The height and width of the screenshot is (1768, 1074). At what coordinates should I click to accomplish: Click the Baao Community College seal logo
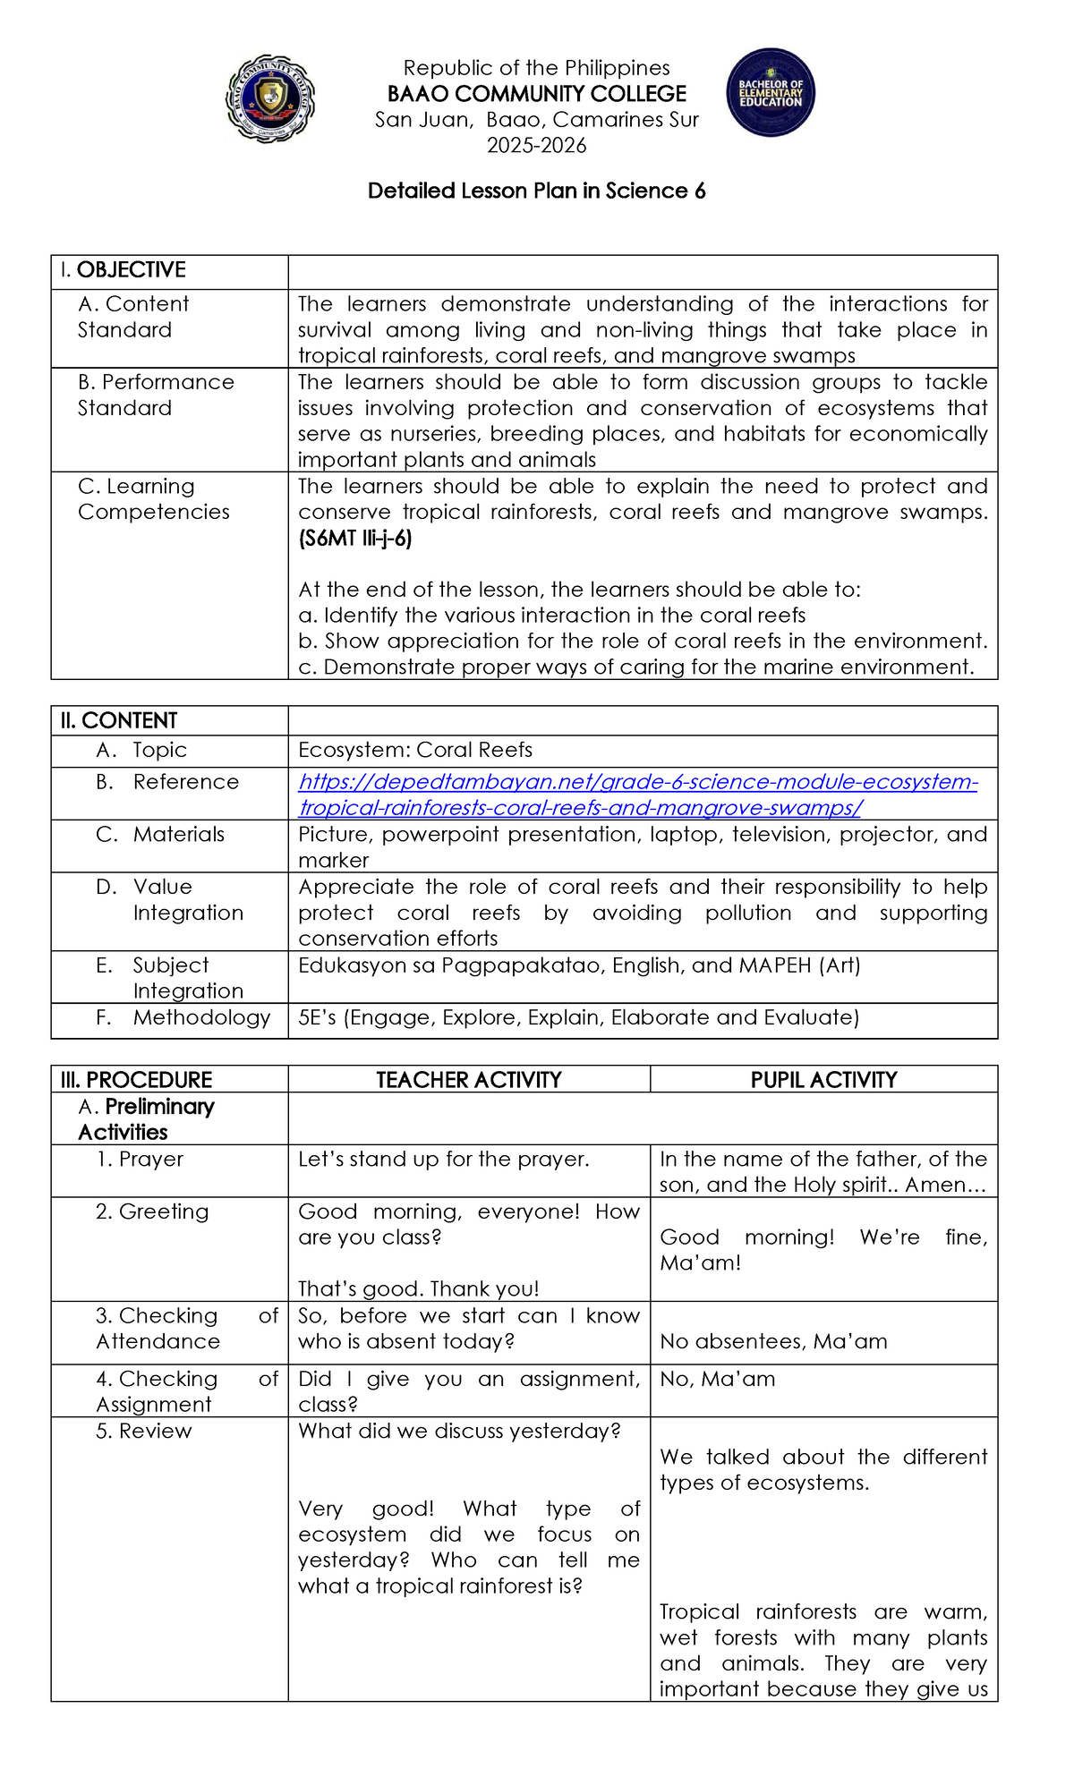[269, 99]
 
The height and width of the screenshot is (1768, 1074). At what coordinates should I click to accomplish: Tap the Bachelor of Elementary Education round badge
[771, 93]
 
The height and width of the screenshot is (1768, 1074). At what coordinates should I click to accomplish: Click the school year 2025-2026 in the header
[536, 146]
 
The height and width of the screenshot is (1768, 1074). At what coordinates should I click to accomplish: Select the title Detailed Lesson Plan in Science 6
[536, 191]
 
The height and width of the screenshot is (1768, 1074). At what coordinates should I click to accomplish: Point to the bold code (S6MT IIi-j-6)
[355, 539]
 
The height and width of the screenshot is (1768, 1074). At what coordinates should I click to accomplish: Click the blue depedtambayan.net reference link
[637, 795]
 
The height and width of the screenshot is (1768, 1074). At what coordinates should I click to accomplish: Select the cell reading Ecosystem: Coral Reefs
[415, 750]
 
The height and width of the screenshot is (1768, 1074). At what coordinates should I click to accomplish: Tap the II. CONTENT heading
[119, 720]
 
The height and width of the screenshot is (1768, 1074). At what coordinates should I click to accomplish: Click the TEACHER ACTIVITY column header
[468, 1080]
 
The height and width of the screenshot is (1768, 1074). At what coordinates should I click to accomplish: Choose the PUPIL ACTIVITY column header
[823, 1080]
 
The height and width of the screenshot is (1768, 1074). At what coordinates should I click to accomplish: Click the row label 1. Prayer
[140, 1160]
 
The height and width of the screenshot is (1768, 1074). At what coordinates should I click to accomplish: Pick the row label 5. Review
[143, 1431]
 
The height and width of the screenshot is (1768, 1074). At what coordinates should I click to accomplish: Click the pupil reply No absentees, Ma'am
[773, 1341]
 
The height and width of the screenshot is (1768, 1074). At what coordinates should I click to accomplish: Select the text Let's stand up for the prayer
[444, 1160]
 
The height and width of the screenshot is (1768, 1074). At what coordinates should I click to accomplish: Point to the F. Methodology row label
[183, 1017]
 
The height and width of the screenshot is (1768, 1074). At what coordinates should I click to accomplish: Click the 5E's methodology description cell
[578, 1017]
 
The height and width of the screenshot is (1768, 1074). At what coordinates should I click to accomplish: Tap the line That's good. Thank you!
[419, 1288]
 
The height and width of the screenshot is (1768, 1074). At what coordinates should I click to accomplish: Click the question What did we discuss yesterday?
[459, 1431]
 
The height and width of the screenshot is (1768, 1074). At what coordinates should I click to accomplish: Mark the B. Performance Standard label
[156, 395]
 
